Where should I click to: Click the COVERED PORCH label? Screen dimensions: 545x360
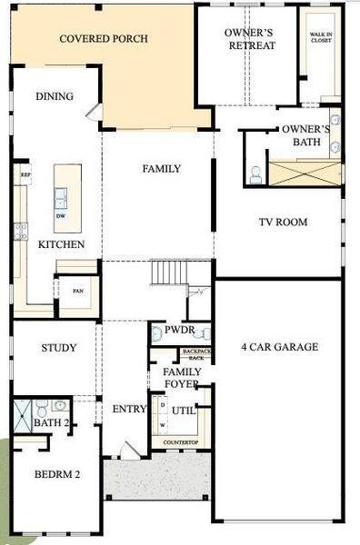click(x=103, y=39)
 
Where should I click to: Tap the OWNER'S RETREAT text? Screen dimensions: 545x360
click(x=250, y=39)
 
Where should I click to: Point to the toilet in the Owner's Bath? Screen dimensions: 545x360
click(x=255, y=174)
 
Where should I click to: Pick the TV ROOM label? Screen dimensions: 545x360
click(x=283, y=223)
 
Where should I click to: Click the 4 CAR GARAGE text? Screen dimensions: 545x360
click(x=279, y=347)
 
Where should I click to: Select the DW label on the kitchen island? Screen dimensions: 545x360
click(x=61, y=216)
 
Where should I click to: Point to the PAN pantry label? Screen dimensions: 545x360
click(x=78, y=292)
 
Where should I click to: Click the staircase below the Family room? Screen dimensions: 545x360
click(x=169, y=272)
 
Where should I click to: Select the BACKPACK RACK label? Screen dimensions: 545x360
click(x=195, y=354)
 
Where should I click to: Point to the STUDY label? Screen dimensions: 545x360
click(x=58, y=348)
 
